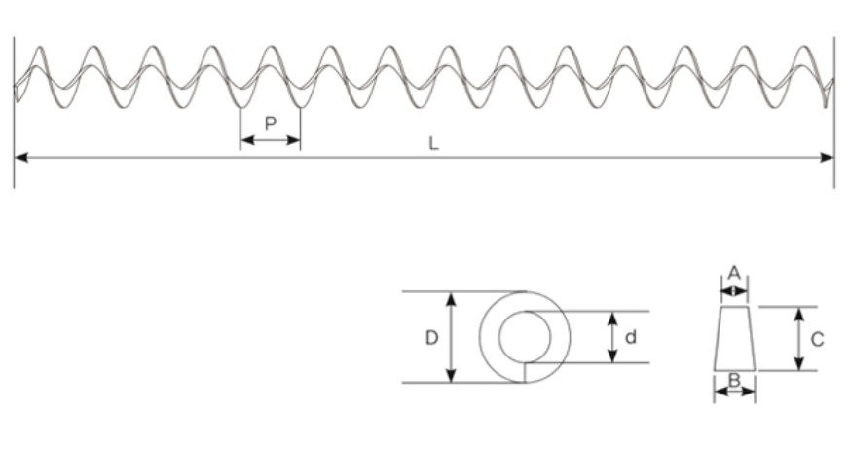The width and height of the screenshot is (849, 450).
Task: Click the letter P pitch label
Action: coord(270,123)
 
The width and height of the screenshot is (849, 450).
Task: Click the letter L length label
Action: coord(433,143)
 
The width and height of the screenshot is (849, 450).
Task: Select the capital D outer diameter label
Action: coord(431,338)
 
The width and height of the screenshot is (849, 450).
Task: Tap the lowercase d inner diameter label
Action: coord(631,337)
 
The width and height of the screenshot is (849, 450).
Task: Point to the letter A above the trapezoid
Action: coord(734,272)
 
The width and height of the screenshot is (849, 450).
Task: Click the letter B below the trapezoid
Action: coord(734,380)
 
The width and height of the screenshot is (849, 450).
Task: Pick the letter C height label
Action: coord(817,339)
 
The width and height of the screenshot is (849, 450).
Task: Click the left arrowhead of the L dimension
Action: coord(20,157)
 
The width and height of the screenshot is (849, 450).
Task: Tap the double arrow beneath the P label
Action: coord(270,140)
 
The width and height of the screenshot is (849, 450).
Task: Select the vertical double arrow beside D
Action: coord(451,337)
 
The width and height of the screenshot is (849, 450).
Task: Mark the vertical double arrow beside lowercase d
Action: coord(611,337)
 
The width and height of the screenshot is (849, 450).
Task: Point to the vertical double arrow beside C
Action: coord(798,338)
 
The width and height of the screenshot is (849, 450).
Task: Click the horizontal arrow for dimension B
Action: coord(734,392)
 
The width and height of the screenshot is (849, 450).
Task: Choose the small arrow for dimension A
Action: coord(734,289)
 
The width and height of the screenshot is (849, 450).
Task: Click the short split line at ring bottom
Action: coord(525,372)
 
